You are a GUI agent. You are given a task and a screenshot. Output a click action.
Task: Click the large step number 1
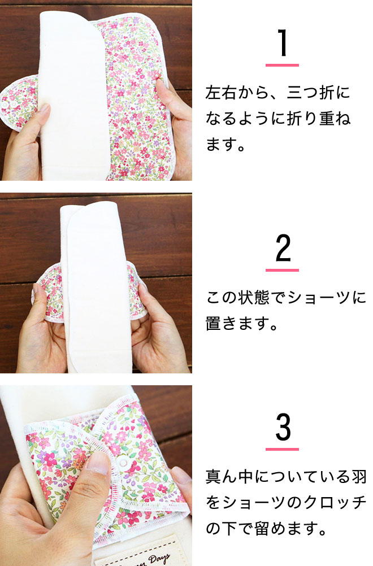[283, 42]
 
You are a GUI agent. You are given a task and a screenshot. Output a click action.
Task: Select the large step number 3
[283, 427]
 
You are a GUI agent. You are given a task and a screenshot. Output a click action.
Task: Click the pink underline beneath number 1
[283, 66]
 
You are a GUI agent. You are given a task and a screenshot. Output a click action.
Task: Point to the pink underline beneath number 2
[283, 270]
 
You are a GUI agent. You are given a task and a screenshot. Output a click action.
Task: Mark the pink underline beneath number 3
[283, 450]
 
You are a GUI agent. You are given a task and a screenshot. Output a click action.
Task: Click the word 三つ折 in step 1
[310, 93]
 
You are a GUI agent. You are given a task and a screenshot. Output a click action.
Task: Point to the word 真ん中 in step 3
[229, 477]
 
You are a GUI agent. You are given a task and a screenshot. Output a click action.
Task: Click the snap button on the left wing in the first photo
[6, 105]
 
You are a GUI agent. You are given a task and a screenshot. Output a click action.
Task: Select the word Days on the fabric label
[158, 559]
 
